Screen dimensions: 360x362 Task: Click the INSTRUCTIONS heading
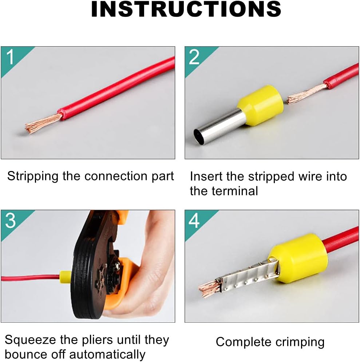186,9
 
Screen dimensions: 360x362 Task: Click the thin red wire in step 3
30,278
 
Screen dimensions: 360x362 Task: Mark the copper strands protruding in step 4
209,288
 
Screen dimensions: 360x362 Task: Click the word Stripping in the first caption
32,176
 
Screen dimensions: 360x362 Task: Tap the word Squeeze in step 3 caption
29,341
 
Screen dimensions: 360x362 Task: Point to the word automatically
107,355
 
